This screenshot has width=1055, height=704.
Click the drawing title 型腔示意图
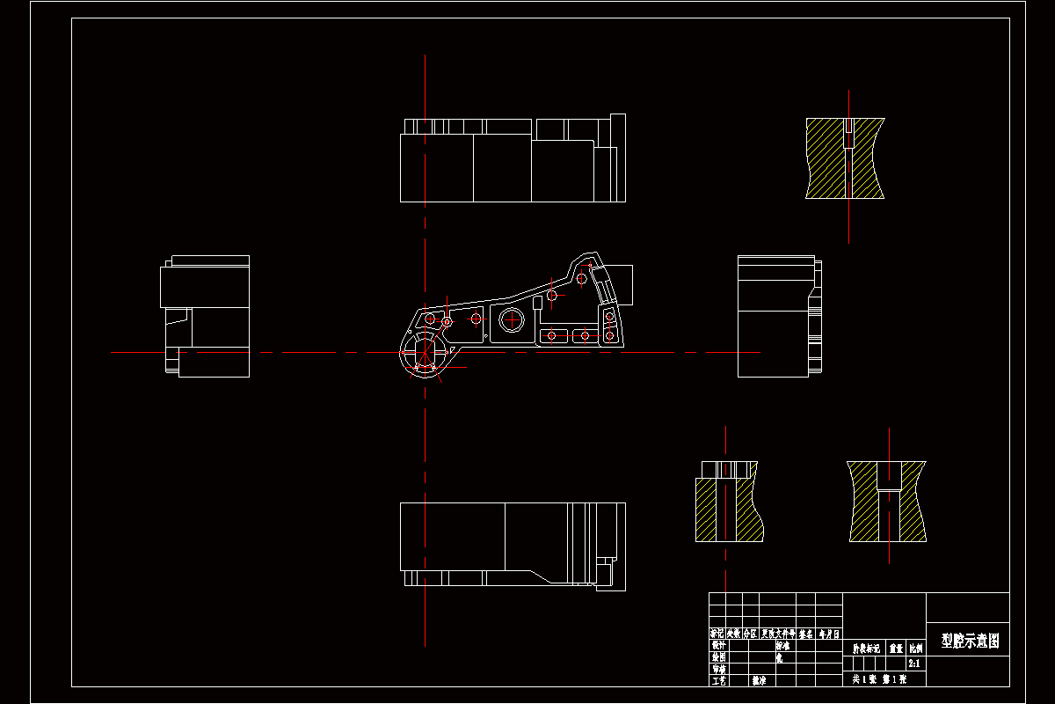[x=970, y=641]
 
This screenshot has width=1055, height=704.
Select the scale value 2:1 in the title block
[x=914, y=664]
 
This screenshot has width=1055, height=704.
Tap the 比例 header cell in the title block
[x=915, y=648]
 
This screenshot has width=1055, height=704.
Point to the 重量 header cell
[x=896, y=648]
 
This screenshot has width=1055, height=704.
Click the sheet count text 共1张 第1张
[x=879, y=679]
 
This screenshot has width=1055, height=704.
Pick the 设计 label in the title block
[x=718, y=644]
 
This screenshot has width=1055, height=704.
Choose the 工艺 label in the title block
[x=718, y=680]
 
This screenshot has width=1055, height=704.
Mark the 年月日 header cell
[x=829, y=633]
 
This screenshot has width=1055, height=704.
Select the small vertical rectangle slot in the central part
[x=536, y=304]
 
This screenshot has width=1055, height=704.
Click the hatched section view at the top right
[x=845, y=158]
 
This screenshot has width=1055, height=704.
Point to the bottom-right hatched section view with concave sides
[x=887, y=502]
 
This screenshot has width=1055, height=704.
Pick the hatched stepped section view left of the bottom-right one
[x=727, y=502]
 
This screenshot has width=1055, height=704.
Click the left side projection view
[x=205, y=317]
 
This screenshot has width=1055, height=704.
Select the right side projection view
[x=779, y=317]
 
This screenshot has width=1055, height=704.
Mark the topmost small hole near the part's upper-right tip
[x=581, y=280]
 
